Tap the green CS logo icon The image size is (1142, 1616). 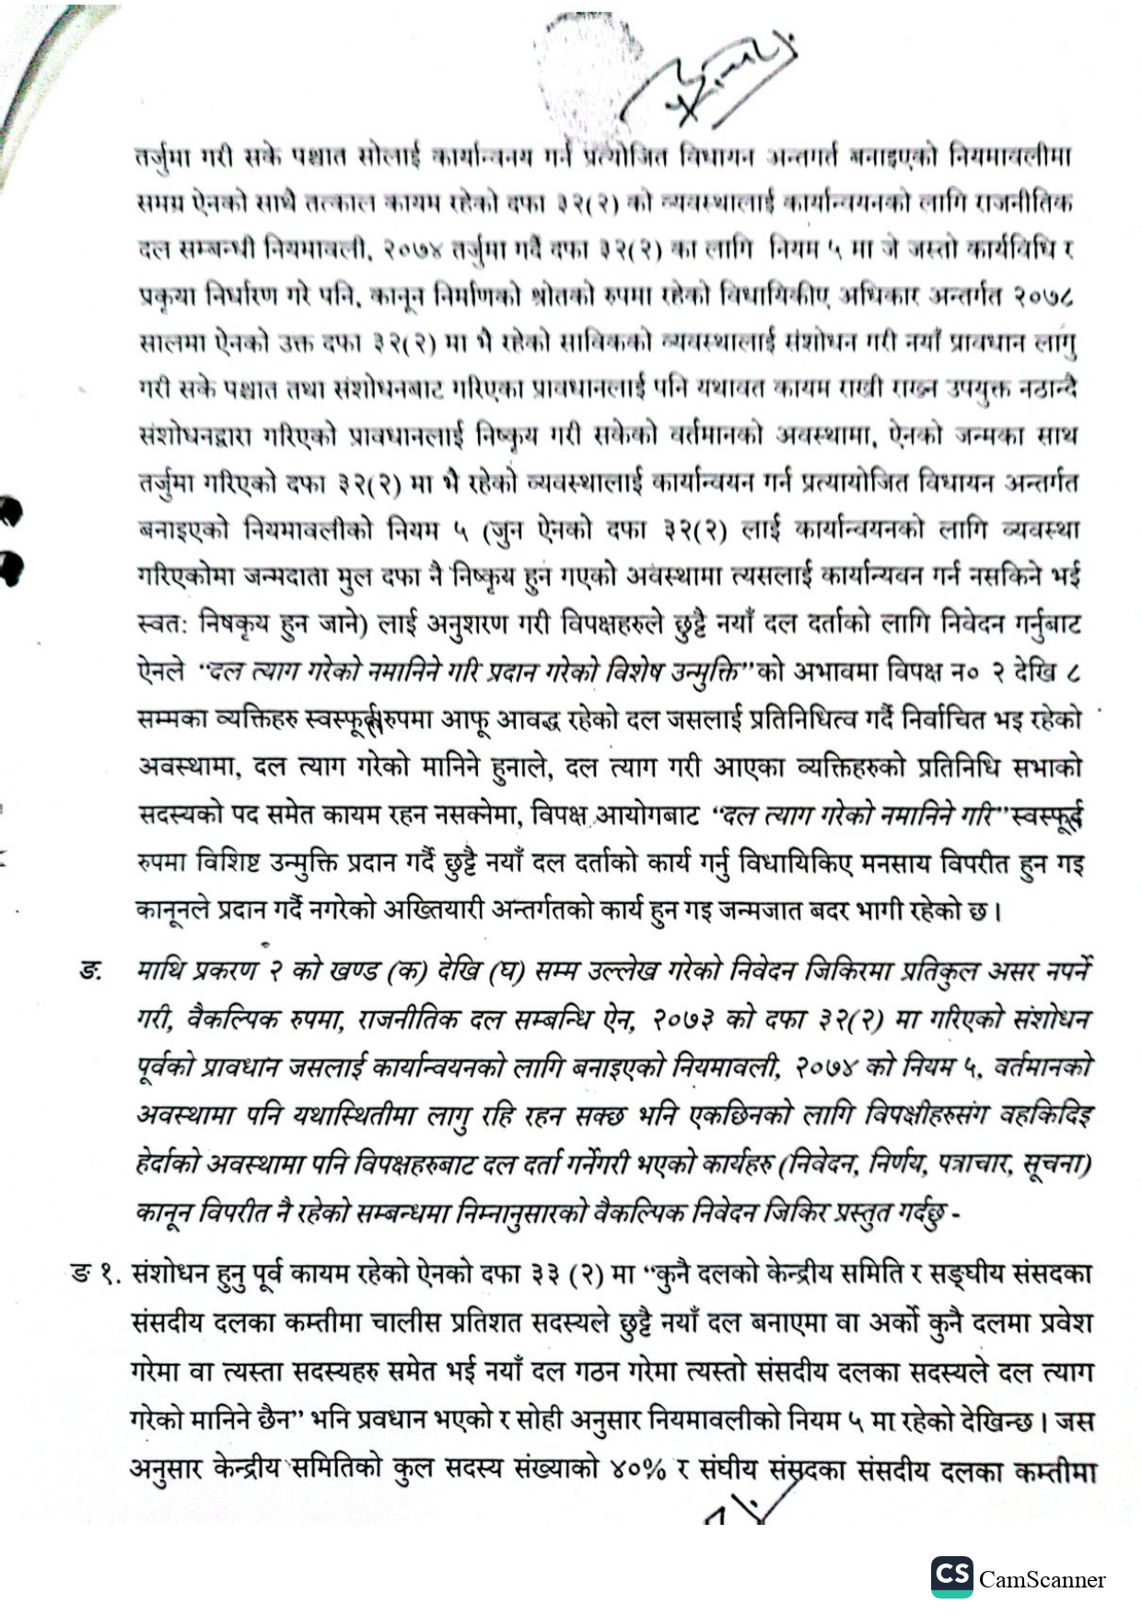[x=951, y=1575]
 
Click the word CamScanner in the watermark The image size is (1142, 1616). [x=1042, y=1579]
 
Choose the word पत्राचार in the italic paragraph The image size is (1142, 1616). [x=962, y=1165]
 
